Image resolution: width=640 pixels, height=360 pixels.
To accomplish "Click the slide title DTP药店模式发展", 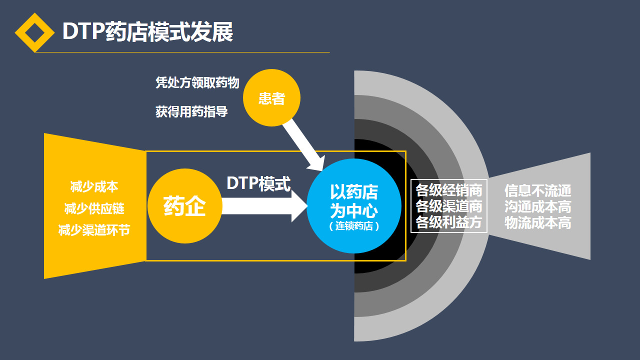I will (147, 32).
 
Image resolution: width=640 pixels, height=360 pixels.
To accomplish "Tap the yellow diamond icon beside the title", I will (34, 32).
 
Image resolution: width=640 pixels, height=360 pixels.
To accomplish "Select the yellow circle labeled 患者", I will (271, 98).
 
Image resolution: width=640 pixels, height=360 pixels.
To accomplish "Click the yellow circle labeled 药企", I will (184, 206).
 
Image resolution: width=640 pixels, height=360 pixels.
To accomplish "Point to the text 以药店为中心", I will (354, 201).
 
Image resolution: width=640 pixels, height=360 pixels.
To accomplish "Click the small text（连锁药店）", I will (354, 226).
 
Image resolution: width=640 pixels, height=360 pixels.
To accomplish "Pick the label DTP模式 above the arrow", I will (258, 183).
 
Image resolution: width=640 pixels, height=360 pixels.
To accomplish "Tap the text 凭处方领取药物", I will (197, 83).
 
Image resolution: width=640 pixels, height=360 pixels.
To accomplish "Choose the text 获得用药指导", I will (191, 112).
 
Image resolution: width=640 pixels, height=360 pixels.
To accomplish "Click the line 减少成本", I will (94, 187).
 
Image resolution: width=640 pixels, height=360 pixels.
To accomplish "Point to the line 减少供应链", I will (94, 208).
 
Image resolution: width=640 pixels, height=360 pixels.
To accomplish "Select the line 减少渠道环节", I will (94, 230).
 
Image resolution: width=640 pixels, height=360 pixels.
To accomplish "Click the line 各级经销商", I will (449, 190).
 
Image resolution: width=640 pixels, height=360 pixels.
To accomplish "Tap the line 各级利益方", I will (449, 222).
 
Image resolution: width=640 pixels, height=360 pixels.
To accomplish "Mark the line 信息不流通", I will (537, 190).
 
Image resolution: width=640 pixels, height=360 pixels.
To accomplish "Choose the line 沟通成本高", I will (537, 206).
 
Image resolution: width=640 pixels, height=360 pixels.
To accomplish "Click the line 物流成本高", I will (537, 223).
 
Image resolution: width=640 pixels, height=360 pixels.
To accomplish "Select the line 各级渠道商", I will (449, 206).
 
